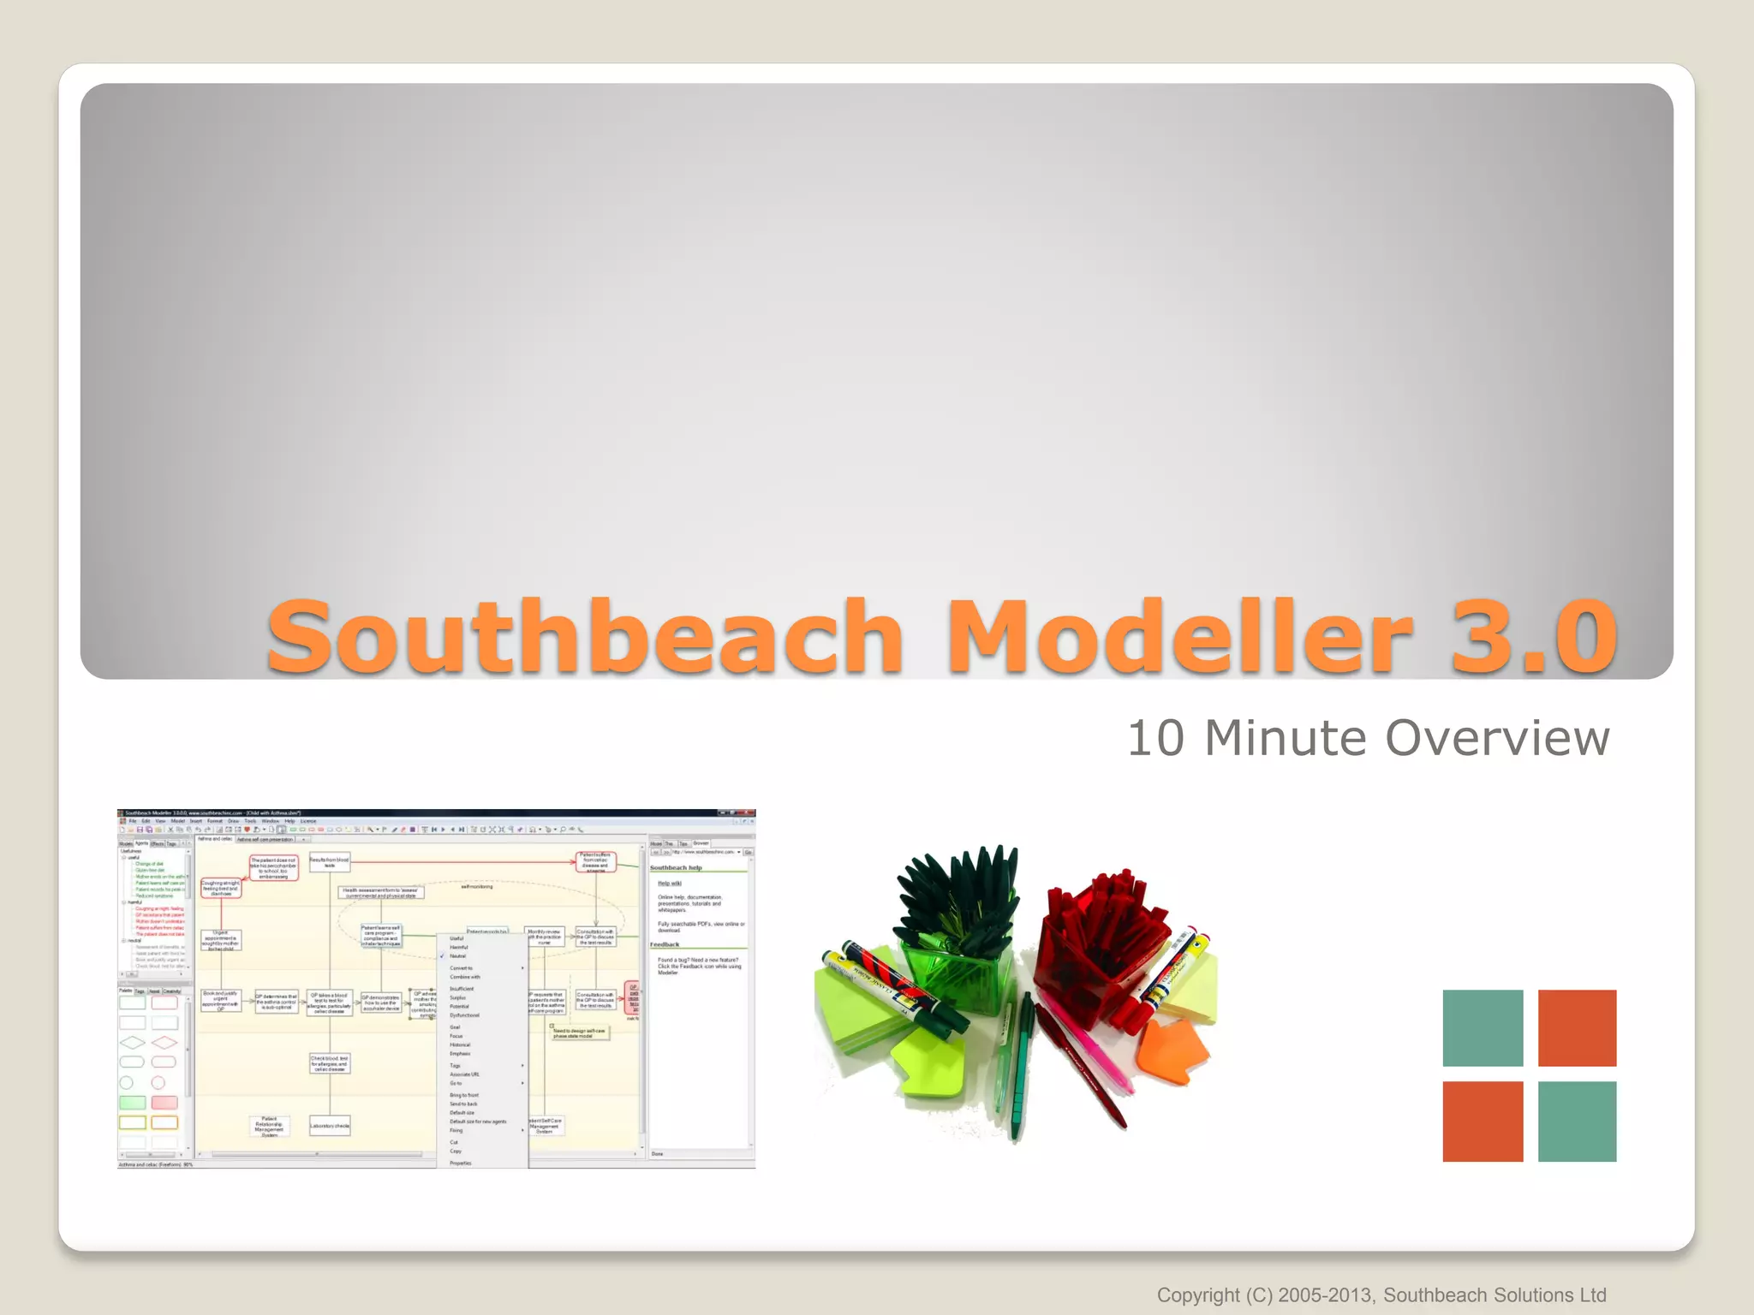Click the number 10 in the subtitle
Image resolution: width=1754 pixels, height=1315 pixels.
tap(1156, 738)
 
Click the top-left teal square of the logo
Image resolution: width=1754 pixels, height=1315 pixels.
tap(1483, 1027)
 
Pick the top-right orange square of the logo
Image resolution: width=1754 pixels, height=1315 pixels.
tap(1577, 1027)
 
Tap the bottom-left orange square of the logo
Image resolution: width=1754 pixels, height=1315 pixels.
tap(1483, 1121)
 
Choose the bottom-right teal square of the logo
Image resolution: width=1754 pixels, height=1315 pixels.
tap(1577, 1121)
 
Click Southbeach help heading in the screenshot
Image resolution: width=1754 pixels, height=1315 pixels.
tap(676, 867)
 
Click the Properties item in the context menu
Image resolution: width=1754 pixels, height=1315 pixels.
tap(461, 1163)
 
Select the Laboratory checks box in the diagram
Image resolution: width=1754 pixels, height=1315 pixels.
tap(330, 1126)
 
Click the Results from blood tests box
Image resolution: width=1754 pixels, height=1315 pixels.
tap(330, 862)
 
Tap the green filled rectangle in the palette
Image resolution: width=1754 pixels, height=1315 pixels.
tap(133, 1103)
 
